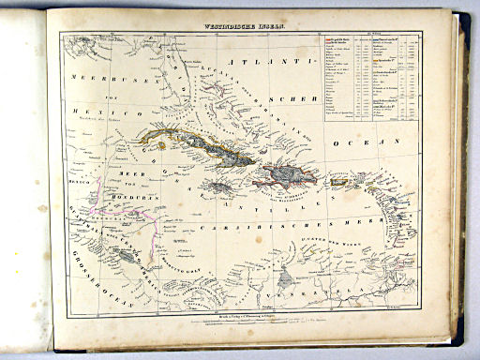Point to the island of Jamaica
pos(221,187)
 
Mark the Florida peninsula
pos(187,89)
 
